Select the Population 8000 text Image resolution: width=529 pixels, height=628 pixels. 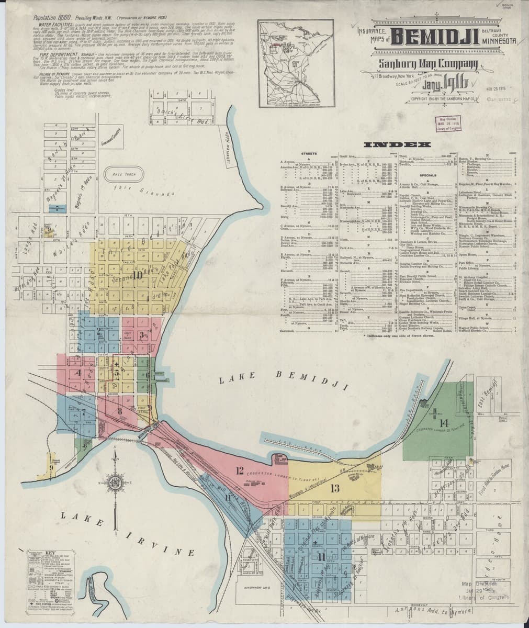(51, 17)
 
